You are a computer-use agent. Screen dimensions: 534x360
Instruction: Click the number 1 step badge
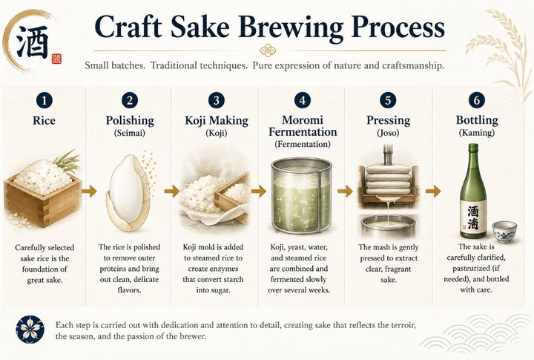pos(44,100)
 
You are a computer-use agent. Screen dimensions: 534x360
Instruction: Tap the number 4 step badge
pos(303,100)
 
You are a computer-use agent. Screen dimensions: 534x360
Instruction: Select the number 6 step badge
pos(477,100)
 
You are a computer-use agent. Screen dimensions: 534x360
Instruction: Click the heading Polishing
pos(130,121)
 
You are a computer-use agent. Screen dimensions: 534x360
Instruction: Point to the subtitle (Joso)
pos(388,132)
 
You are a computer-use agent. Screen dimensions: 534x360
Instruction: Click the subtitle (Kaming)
pos(477,132)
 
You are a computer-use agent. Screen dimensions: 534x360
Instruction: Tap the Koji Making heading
pos(217,120)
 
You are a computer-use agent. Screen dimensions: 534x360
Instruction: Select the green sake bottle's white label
pos(473,217)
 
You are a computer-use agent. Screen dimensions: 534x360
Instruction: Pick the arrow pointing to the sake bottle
pos(433,192)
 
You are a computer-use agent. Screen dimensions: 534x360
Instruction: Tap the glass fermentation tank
pos(301,195)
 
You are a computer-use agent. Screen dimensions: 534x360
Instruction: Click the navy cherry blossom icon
pos(30,330)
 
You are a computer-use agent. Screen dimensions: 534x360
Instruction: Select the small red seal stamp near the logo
pos(56,59)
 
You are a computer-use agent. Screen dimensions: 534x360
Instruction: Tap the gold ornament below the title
pos(268,50)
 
